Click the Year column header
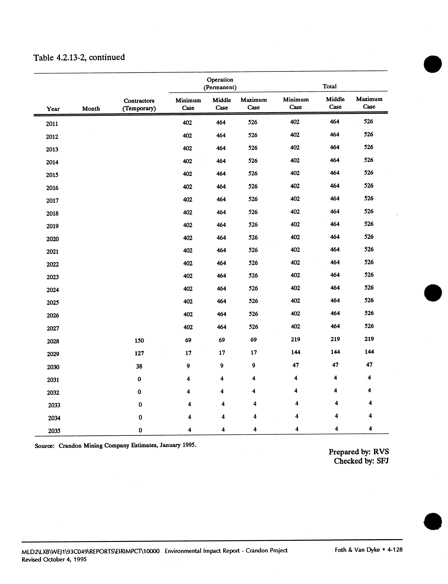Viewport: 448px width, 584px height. (x=53, y=109)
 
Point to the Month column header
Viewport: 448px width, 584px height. (x=91, y=108)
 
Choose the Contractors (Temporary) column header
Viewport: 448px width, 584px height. (x=139, y=105)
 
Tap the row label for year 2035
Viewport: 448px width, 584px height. (x=54, y=431)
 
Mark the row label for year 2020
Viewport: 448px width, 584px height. (x=52, y=239)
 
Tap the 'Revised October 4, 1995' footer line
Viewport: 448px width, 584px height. (x=54, y=559)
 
